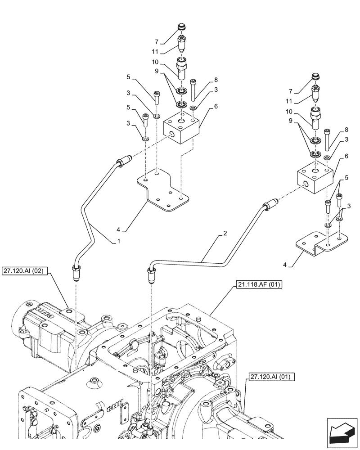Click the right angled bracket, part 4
pyautogui.click(x=322, y=243)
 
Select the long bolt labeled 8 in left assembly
pyautogui.click(x=194, y=90)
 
